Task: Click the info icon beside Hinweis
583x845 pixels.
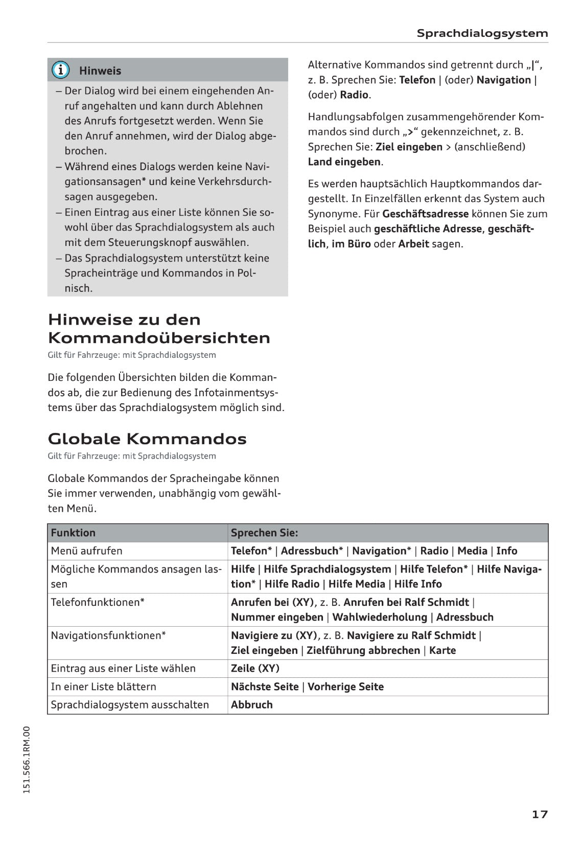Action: pyautogui.click(x=60, y=70)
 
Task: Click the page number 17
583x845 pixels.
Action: pyautogui.click(x=540, y=814)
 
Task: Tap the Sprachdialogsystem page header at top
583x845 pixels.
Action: pyautogui.click(x=482, y=33)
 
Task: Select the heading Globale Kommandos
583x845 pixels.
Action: pyautogui.click(x=147, y=439)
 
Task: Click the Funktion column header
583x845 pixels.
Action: pyautogui.click(x=73, y=533)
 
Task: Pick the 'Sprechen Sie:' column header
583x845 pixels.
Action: pyautogui.click(x=264, y=533)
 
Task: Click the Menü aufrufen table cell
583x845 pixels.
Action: pyautogui.click(x=87, y=551)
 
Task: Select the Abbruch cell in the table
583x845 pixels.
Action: pyautogui.click(x=252, y=704)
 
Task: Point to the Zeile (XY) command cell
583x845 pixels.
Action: pyautogui.click(x=255, y=668)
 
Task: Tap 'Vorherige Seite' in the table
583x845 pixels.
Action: pyautogui.click(x=345, y=687)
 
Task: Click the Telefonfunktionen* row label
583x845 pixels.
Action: pyautogui.click(x=98, y=602)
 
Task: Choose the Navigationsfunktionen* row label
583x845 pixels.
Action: pyautogui.click(x=108, y=635)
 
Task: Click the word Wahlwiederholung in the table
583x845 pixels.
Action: pyautogui.click(x=380, y=617)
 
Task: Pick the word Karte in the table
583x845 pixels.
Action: pyautogui.click(x=442, y=650)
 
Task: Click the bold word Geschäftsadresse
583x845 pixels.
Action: pyautogui.click(x=425, y=214)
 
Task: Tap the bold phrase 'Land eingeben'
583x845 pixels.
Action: pyautogui.click(x=344, y=162)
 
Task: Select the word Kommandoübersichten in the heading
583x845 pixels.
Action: pyautogui.click(x=159, y=338)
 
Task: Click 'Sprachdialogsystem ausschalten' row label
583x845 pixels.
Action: pyautogui.click(x=130, y=704)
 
